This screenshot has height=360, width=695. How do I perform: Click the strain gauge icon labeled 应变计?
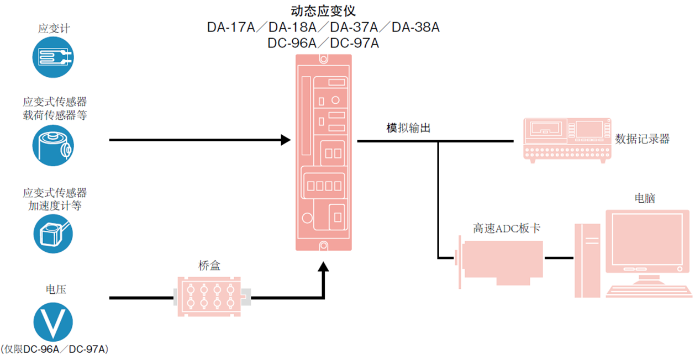click(x=53, y=57)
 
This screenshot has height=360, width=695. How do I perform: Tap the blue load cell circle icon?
click(x=53, y=145)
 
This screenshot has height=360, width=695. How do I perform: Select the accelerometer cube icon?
click(x=53, y=234)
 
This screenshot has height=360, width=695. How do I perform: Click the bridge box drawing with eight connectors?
click(x=209, y=297)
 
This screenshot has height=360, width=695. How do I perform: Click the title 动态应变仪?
click(x=323, y=11)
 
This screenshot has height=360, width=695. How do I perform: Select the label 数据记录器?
click(x=642, y=139)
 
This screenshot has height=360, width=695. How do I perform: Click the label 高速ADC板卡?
click(x=506, y=228)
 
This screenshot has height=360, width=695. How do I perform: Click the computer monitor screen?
click(x=647, y=237)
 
